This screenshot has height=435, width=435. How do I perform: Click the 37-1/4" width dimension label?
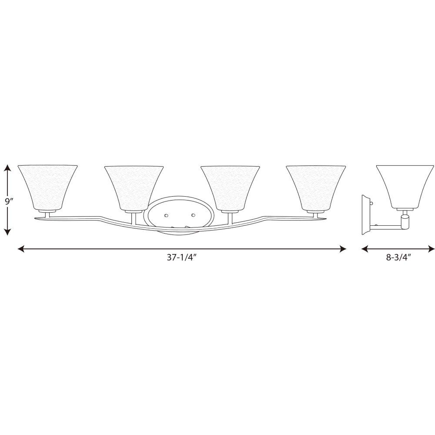tap(182, 258)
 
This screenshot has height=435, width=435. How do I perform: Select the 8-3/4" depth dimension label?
tap(398, 258)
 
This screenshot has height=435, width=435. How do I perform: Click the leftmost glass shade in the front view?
tap(47, 187)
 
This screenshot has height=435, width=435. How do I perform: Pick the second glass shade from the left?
tap(134, 188)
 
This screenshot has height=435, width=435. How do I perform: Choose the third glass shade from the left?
tap(230, 188)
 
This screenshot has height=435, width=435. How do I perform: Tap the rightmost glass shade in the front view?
tap(316, 188)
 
